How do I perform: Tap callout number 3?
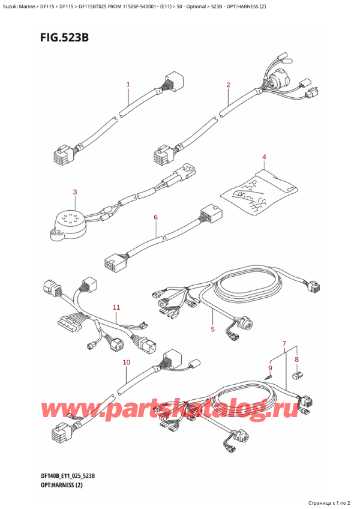coord(75,192)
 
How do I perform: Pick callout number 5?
coord(212,329)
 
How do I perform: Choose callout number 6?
coord(155,217)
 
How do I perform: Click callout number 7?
coord(284,343)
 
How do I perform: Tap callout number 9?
coord(270,367)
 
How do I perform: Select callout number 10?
coord(126,362)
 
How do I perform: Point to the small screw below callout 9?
coord(271,376)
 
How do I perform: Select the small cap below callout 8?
coord(295,376)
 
